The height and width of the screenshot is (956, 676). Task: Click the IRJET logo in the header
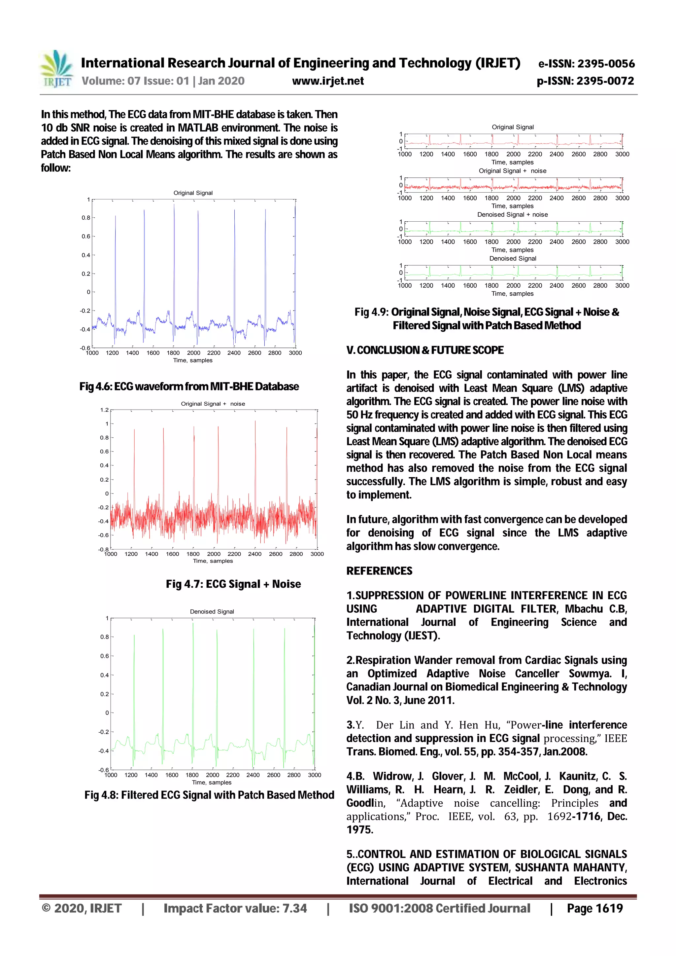57,69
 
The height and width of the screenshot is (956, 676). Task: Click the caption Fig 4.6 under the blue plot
189,386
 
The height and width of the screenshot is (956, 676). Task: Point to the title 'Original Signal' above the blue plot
193,193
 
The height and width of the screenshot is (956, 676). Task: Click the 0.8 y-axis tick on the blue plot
86,217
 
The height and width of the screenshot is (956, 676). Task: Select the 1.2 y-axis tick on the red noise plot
104,410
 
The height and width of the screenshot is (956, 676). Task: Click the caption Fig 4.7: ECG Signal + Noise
233,584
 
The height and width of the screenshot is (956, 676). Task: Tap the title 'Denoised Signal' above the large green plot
212,611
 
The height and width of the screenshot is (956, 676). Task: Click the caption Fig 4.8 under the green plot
209,795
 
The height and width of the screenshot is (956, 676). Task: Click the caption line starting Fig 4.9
487,312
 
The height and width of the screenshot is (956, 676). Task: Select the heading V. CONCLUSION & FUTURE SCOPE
425,350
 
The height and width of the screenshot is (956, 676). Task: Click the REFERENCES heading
379,571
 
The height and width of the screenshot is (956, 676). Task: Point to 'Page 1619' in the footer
594,908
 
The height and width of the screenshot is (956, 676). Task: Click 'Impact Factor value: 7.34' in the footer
235,908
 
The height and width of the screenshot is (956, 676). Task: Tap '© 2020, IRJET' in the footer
82,908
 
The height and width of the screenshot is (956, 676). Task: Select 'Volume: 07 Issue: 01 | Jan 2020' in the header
163,81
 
